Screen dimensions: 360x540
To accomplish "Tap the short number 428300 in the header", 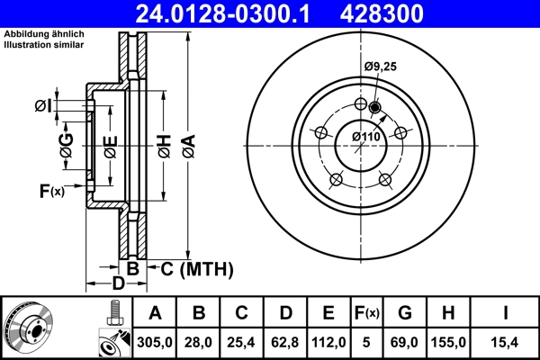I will point(391,13).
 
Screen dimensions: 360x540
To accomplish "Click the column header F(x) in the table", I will point(367,313).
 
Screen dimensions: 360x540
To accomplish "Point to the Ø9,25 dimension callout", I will point(381,67).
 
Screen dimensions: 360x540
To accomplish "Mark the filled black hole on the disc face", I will point(375,110).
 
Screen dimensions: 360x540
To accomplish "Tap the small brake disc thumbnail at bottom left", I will point(29,328).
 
